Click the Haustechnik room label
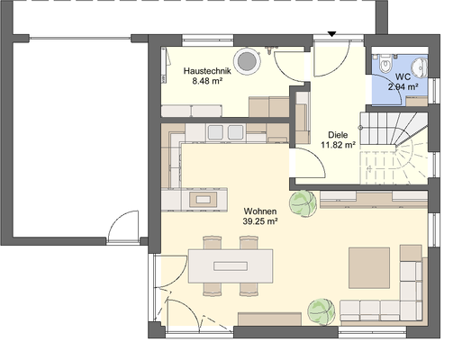coord(207,71)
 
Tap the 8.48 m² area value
coord(207,81)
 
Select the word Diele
coord(338,135)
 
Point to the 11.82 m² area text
coord(339,145)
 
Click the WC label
coord(403,76)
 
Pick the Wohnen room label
coord(260,211)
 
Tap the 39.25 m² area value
coord(260,221)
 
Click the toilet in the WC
coord(385,64)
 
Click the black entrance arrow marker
coord(331,34)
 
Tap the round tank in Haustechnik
coord(247,61)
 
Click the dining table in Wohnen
coord(231,265)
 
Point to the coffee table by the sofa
coord(369,268)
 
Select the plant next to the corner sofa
coord(322,311)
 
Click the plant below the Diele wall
coord(303,203)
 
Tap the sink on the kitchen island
coord(204,199)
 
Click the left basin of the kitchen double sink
coord(215,131)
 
